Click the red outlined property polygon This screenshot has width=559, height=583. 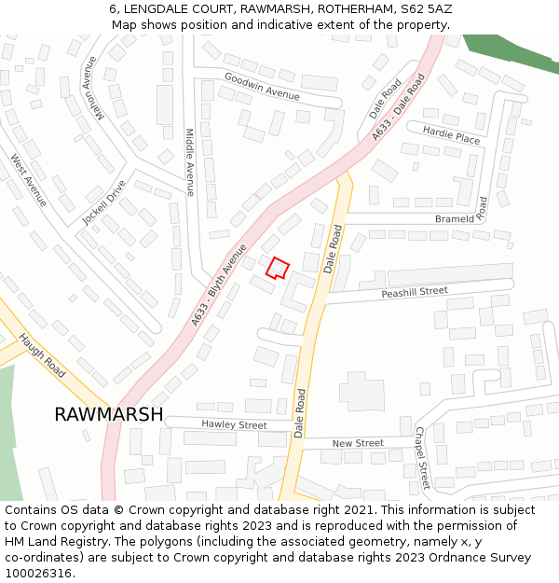click(277, 269)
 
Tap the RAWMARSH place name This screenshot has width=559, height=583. click(108, 414)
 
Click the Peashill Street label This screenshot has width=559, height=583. click(415, 293)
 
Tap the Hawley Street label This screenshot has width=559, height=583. click(234, 424)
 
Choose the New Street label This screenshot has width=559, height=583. click(358, 443)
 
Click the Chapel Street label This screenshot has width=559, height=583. click(421, 458)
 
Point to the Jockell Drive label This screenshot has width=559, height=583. click(103, 201)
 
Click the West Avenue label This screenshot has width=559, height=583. click(28, 180)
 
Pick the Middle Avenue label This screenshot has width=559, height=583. click(189, 162)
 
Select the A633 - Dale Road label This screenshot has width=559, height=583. click(398, 107)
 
